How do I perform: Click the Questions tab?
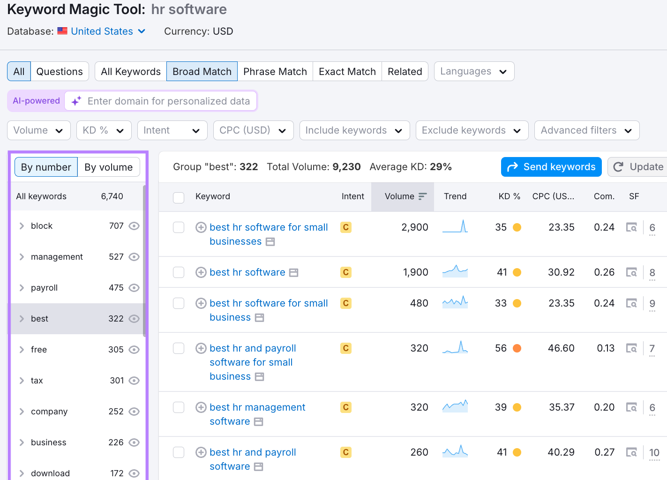60,71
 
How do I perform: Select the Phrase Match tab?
275,71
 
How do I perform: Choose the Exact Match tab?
347,71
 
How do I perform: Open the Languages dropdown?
474,71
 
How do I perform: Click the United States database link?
102,31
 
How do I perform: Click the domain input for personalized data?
169,101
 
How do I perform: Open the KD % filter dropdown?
104,130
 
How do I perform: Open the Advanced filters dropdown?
586,130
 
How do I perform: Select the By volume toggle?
108,167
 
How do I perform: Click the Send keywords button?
551,167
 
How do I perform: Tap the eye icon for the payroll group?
134,288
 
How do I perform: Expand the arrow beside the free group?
22,350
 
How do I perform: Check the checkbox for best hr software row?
179,272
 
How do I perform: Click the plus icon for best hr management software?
201,407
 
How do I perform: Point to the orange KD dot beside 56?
517,348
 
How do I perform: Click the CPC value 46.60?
561,348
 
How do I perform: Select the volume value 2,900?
414,227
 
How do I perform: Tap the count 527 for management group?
116,257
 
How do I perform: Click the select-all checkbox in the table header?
179,197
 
